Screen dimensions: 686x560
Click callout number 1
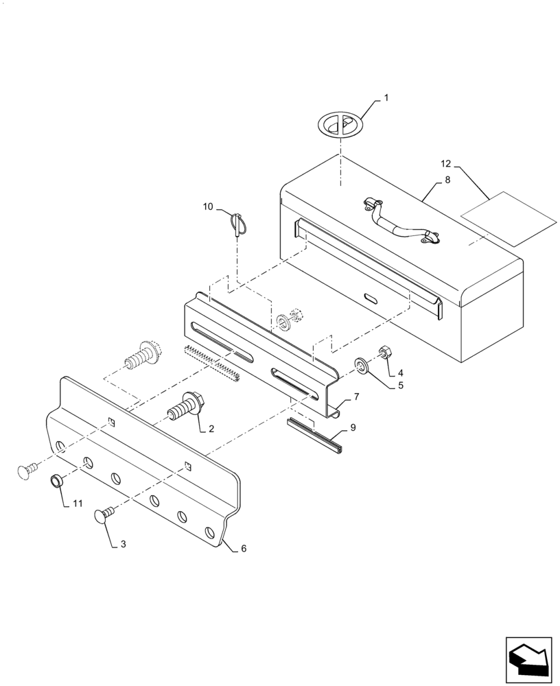(x=386, y=98)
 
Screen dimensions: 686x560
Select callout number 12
(x=446, y=165)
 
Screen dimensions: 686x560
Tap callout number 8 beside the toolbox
(x=447, y=180)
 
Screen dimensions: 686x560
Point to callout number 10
(x=208, y=206)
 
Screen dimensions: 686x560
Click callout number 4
(x=400, y=373)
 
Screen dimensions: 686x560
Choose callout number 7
(x=356, y=397)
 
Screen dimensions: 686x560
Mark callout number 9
(x=353, y=427)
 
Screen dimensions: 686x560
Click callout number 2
(x=211, y=429)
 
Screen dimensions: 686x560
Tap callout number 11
(x=78, y=504)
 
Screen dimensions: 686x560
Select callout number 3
(x=123, y=544)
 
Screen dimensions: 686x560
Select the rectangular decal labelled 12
(x=507, y=218)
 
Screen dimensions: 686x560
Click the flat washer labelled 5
(x=362, y=364)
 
